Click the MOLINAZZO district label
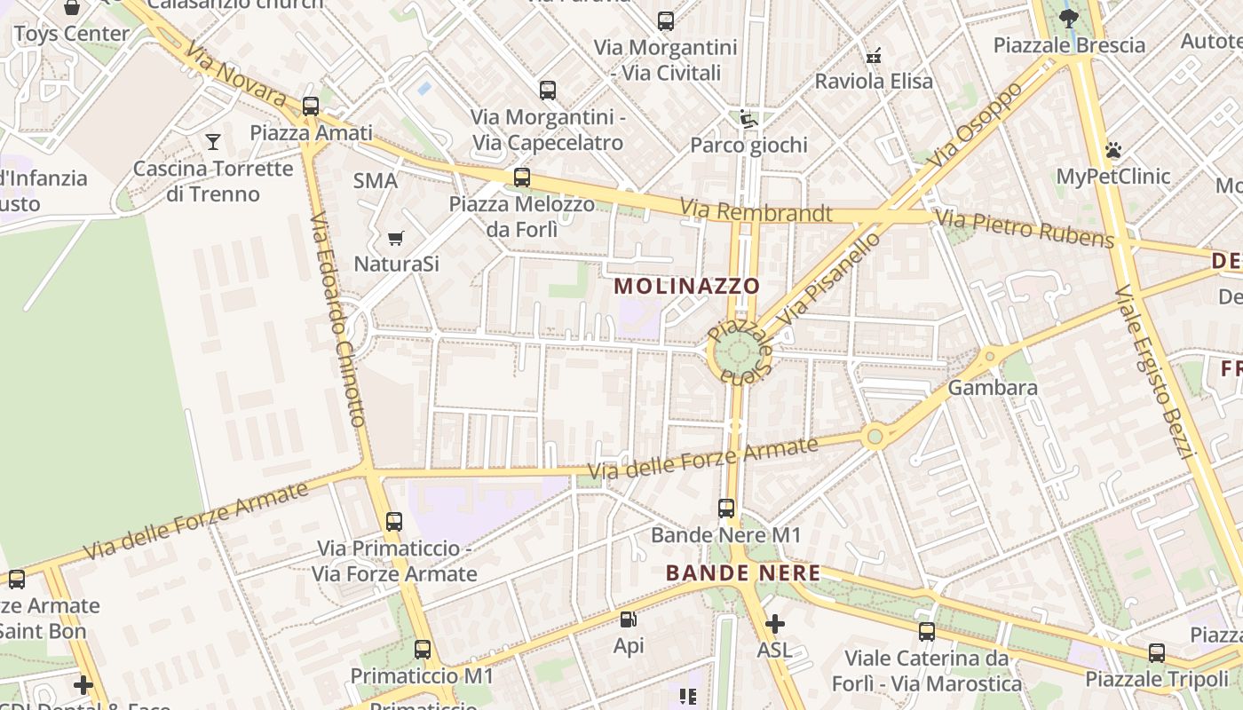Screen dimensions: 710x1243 click(687, 286)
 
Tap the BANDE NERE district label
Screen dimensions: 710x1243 click(743, 573)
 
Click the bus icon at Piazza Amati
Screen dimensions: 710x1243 click(311, 106)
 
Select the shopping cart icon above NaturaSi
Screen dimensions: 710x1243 click(396, 238)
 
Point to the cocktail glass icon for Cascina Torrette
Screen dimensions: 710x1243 click(213, 141)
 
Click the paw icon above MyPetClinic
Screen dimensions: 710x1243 click(1113, 150)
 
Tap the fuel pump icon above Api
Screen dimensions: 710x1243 click(629, 619)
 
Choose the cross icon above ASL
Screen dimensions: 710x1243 click(775, 624)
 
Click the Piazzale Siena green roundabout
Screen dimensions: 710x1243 click(738, 353)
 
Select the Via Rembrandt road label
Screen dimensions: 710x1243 click(756, 212)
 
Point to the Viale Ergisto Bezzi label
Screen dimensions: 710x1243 click(1155, 370)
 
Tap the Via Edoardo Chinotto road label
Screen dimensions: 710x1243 click(337, 319)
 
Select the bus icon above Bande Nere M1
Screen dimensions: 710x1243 click(726, 509)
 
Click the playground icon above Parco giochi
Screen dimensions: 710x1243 click(748, 118)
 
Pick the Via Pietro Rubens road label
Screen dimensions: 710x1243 click(1025, 229)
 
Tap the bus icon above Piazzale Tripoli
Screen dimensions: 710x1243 click(1157, 653)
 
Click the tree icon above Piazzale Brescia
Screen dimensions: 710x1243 click(1069, 18)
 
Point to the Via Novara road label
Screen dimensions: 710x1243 click(238, 80)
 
